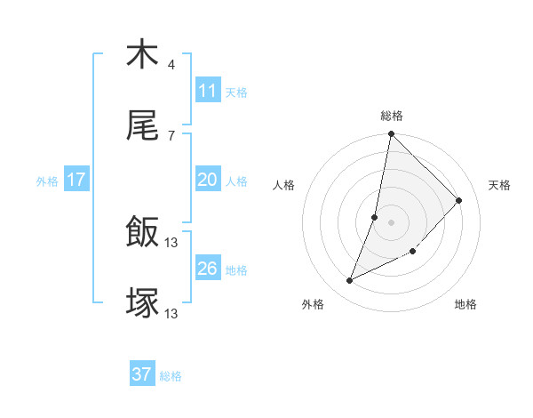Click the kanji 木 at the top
[142, 55]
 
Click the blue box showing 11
[208, 91]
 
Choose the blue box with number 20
[208, 180]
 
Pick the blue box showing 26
[208, 269]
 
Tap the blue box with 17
[76, 180]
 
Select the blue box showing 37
[142, 375]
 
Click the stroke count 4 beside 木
[171, 65]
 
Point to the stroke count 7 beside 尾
[171, 135]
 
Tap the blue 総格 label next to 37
[171, 376]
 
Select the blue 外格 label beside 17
[47, 181]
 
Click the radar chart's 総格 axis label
[392, 116]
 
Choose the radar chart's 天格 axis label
[499, 185]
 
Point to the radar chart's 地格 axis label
[465, 304]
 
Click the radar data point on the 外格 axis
[350, 281]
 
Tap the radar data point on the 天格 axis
[459, 201]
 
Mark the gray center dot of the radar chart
[392, 222]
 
